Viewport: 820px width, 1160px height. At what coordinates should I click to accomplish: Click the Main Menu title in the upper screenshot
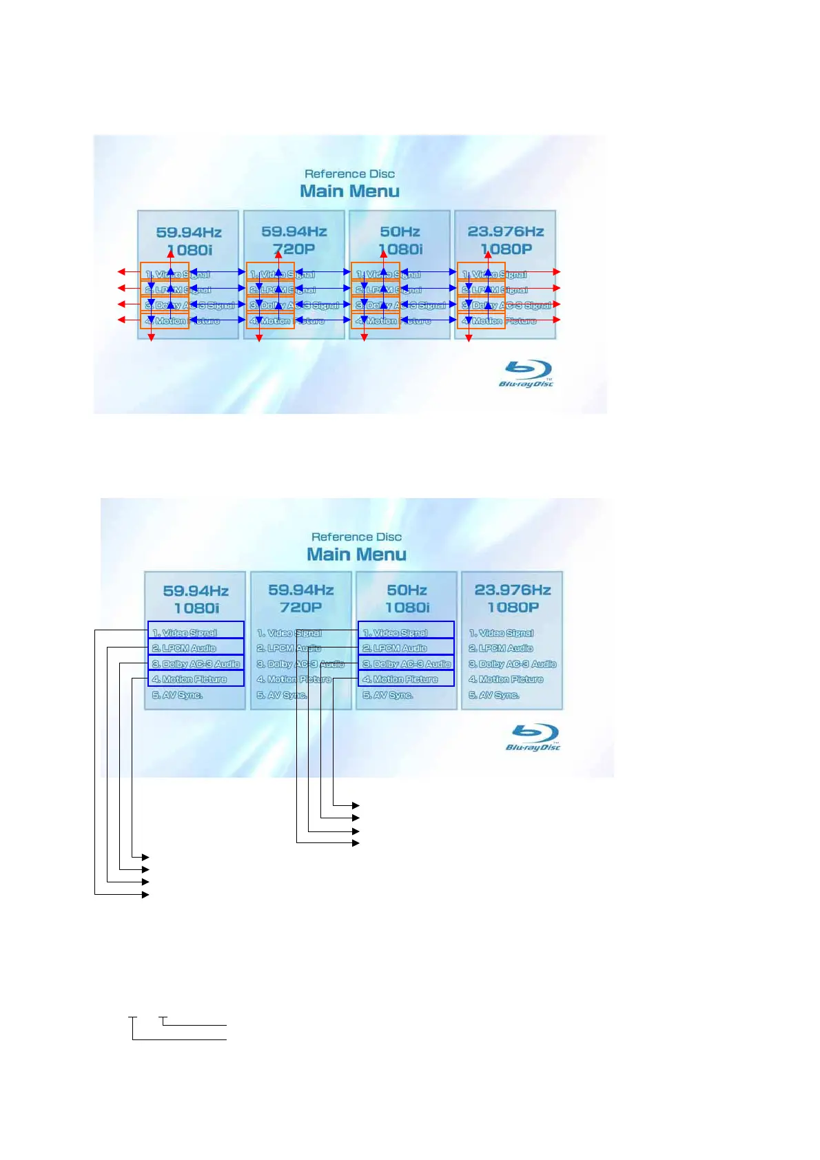point(349,191)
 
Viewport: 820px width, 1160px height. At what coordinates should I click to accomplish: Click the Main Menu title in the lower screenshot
point(356,554)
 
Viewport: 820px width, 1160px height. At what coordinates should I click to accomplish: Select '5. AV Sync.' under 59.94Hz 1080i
point(177,695)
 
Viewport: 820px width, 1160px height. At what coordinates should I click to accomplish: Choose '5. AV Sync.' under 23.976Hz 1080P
point(494,695)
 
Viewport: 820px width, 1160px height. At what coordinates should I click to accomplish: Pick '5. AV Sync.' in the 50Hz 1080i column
point(388,695)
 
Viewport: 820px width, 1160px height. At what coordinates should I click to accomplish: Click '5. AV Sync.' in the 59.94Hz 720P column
point(282,695)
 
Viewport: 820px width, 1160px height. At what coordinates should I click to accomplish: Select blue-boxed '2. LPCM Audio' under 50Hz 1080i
point(406,648)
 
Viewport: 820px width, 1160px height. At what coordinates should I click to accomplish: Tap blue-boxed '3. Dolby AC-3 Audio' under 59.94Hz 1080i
point(196,663)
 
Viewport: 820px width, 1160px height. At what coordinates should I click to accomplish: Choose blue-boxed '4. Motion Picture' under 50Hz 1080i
point(406,679)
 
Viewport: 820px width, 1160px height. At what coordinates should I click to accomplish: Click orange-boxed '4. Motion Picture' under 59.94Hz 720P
point(270,321)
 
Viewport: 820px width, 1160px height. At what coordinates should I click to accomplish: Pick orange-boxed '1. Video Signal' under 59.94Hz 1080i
point(165,271)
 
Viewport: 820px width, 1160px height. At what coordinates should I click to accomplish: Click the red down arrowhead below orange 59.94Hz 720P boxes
point(259,338)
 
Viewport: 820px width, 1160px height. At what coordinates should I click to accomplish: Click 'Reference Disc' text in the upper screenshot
point(349,174)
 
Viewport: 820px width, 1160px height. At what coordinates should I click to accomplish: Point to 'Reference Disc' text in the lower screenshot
point(356,537)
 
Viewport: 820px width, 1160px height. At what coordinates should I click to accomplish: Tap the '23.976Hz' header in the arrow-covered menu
point(506,231)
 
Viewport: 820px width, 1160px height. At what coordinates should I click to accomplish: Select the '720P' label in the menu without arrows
point(301,607)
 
